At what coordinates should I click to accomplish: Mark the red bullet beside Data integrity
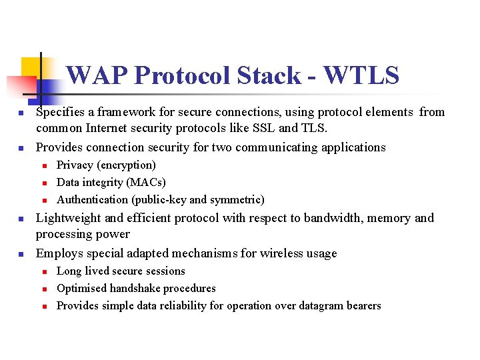(x=41, y=183)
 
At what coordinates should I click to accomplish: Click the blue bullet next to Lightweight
(x=21, y=219)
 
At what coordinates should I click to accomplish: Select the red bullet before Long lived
(x=41, y=271)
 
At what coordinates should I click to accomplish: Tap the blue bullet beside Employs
(x=21, y=254)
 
